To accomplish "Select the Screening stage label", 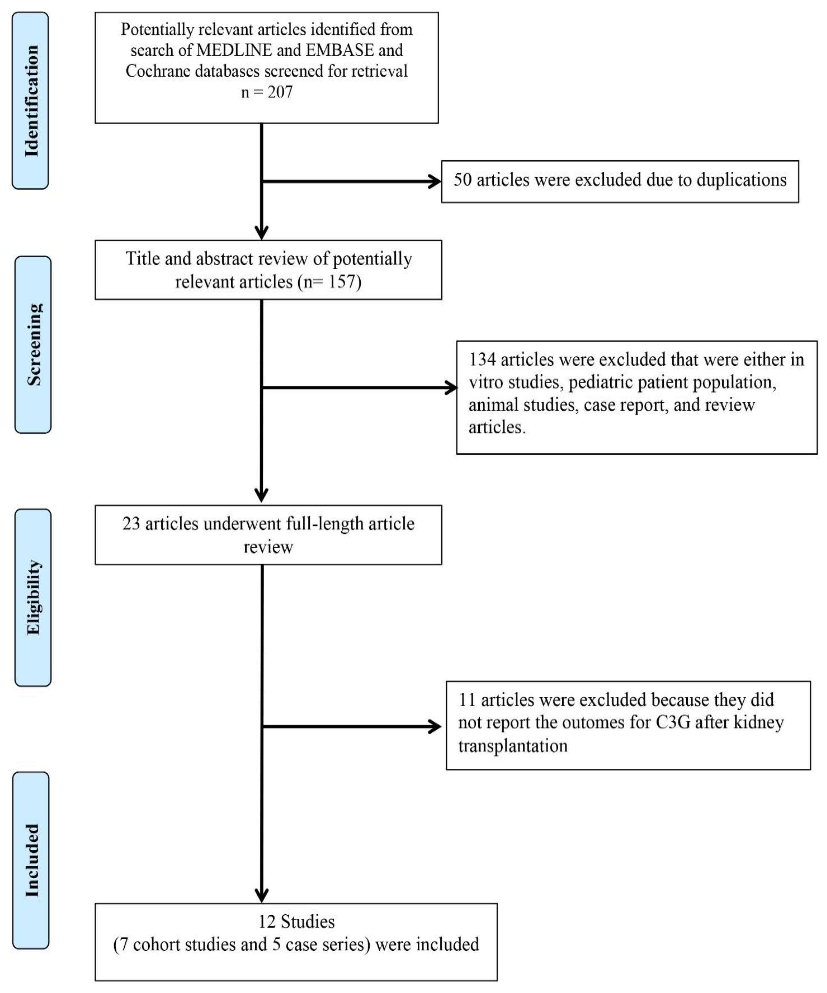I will pyautogui.click(x=33, y=345).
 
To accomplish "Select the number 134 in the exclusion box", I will pyautogui.click(x=482, y=360).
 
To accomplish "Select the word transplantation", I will pyautogui.click(x=512, y=746).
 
